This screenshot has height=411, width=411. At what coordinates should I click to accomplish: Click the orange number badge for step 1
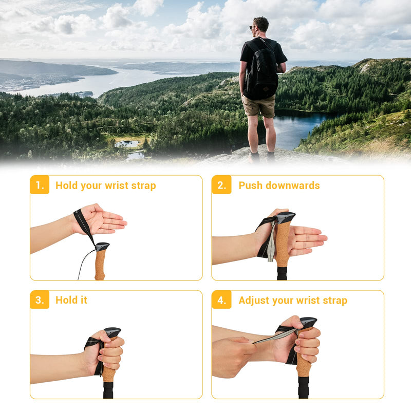[x=40, y=185]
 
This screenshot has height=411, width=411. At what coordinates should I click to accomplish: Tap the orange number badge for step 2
[x=221, y=185]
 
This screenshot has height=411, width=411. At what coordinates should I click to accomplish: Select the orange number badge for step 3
[x=40, y=300]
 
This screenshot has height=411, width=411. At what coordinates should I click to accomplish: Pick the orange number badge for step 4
[x=221, y=300]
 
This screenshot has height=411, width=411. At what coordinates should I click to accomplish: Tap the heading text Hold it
[x=71, y=300]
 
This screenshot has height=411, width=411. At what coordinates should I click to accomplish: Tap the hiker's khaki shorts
[x=259, y=106]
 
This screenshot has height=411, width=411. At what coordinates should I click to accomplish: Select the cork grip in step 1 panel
[x=100, y=265]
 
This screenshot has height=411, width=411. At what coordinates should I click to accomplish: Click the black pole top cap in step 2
[x=285, y=217]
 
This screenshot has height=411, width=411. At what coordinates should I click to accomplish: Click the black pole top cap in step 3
[x=113, y=332]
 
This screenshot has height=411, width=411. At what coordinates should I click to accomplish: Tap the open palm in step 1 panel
[x=105, y=220]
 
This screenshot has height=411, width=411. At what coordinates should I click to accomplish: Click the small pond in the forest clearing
[x=127, y=144]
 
